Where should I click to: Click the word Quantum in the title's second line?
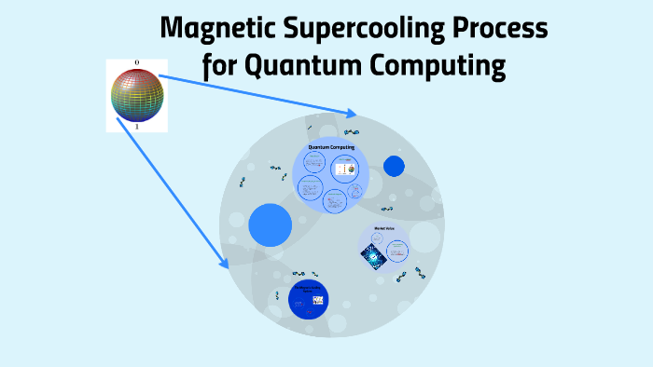coord(307,67)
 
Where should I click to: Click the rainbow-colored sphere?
coord(137,97)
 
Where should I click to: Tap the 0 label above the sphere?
coord(137,63)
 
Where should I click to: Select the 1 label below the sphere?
coord(137,127)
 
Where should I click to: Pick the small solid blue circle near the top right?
coord(394,166)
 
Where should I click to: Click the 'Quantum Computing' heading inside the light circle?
coord(331,147)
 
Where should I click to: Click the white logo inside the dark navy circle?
coord(319,300)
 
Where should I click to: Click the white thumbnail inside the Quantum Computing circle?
coord(344,170)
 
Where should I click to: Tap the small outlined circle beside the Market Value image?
coord(398,249)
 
